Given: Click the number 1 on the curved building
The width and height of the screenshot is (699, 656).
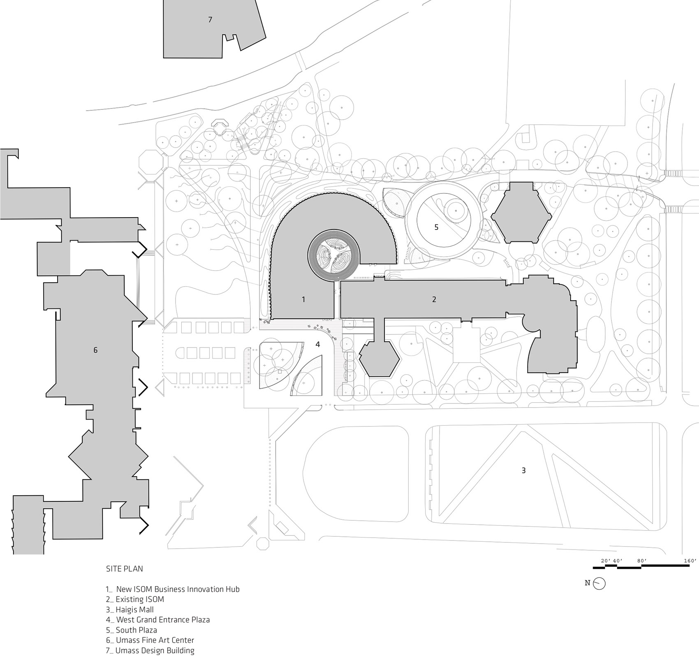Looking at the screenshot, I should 303,299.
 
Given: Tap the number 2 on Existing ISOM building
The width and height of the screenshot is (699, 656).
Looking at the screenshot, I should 434,299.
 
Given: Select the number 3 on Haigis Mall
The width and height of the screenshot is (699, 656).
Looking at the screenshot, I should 523,470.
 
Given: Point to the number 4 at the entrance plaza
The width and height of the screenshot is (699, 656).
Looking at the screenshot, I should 317,344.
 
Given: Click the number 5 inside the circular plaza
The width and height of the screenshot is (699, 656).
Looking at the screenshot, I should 437,227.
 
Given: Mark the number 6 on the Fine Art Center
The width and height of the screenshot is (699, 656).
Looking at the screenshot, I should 95,350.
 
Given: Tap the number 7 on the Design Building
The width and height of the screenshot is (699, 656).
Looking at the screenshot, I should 210,19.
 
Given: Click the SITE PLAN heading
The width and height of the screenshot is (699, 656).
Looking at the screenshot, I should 125,569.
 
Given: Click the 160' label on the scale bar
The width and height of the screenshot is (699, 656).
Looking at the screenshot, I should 690,561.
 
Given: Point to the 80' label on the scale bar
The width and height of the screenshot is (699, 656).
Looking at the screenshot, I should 641,561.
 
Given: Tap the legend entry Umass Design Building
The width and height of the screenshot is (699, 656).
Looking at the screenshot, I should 150,651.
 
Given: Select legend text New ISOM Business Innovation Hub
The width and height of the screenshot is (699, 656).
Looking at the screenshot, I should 173,589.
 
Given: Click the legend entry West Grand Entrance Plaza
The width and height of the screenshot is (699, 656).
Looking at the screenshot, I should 157,620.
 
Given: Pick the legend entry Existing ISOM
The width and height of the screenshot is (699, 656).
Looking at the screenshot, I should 135,599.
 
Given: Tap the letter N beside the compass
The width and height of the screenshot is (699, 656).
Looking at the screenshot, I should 588,583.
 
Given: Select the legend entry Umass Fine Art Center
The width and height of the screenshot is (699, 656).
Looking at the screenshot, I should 150,640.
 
